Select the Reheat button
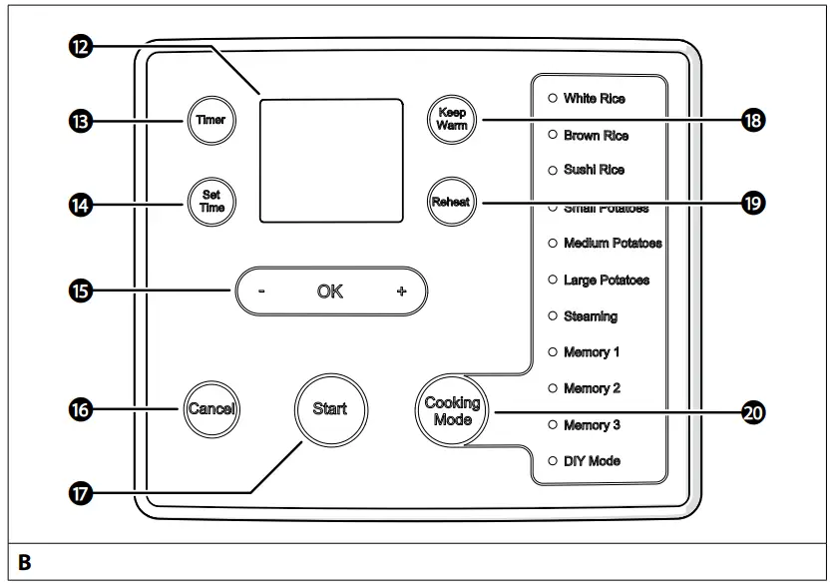point(450,202)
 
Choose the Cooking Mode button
point(452,410)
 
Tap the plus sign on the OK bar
point(401,292)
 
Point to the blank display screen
point(330,160)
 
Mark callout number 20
point(753,410)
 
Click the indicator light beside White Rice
point(551,99)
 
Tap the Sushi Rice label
point(595,171)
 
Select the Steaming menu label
point(591,316)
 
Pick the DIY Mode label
point(592,461)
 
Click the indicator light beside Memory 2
point(551,388)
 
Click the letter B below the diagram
point(24,563)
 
